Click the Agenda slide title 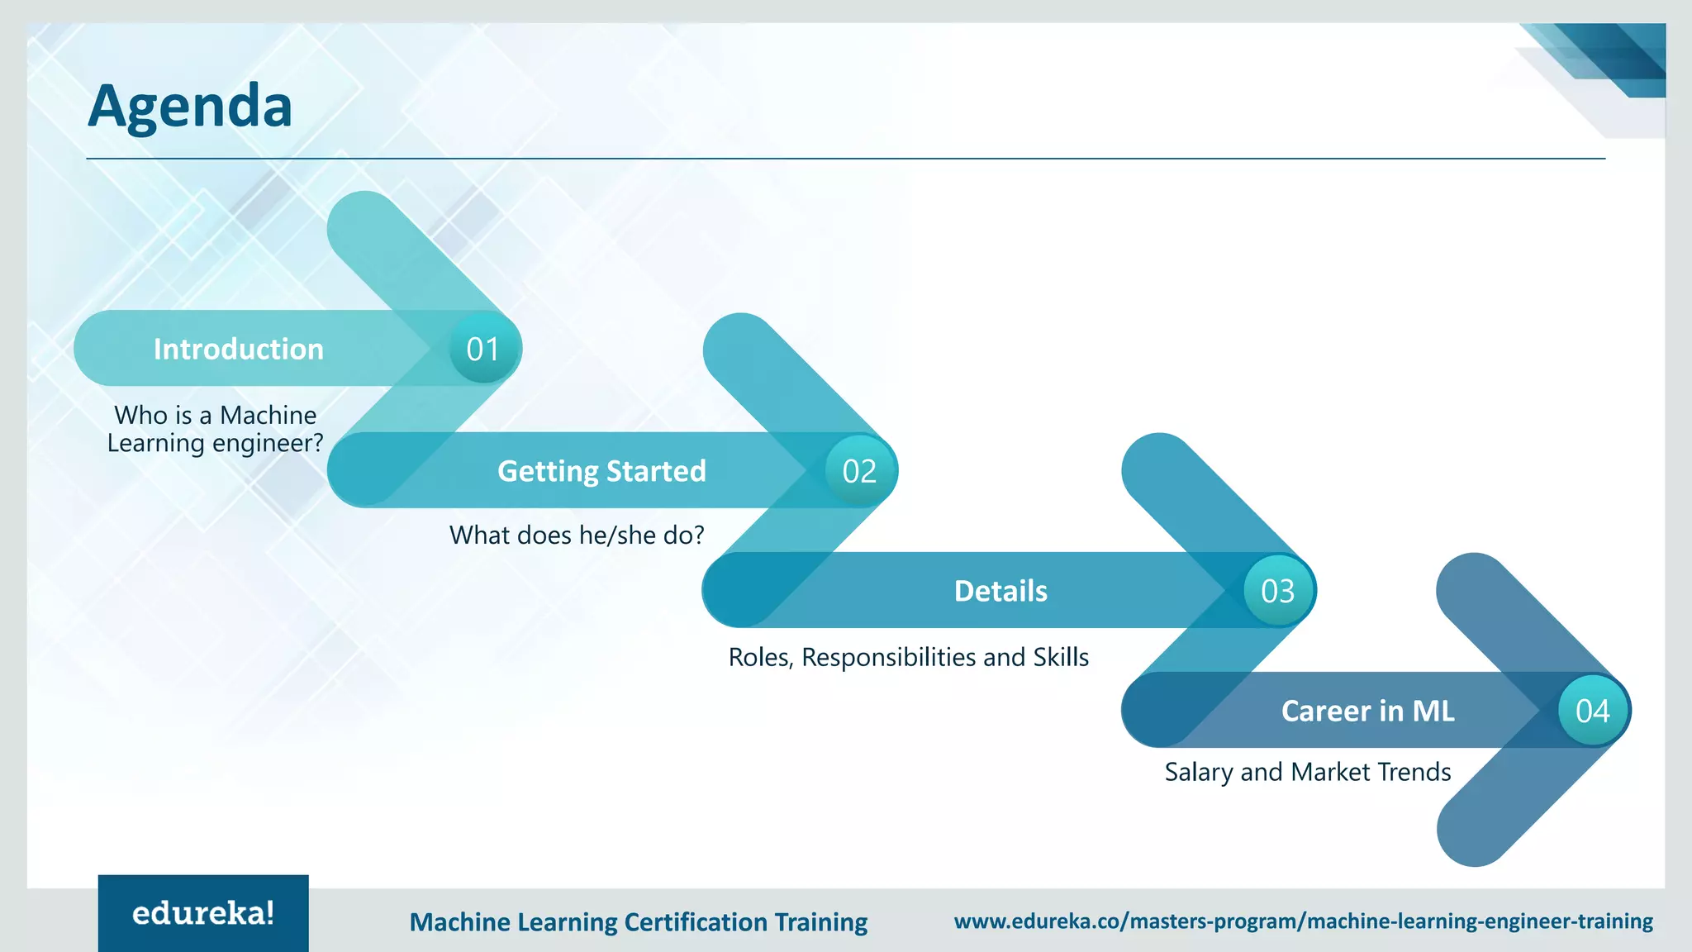tap(190, 106)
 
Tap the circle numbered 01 tap(483, 349)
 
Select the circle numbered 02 tap(859, 471)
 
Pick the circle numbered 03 tap(1277, 591)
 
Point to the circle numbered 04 tap(1592, 711)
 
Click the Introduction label tap(238, 349)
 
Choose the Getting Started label tap(601, 471)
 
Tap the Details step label tap(1000, 591)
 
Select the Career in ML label tap(1367, 711)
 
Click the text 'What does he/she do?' tap(577, 535)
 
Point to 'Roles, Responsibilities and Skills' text tap(908, 657)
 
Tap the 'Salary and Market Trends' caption tap(1307, 772)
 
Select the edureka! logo tap(203, 913)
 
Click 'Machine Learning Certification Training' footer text tap(638, 921)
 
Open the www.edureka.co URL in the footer tap(1303, 921)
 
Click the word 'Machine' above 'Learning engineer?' tap(268, 415)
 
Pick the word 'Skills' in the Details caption tap(1061, 657)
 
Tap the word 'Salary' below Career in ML tap(1199, 772)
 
